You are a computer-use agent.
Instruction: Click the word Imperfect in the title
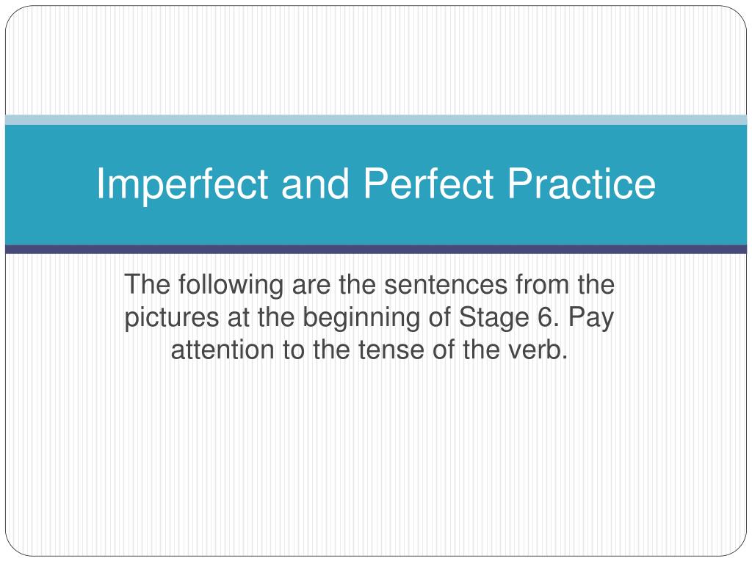click(182, 185)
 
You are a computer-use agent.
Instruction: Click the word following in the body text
click(231, 286)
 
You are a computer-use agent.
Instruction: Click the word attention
click(222, 350)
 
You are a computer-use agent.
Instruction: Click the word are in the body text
click(311, 286)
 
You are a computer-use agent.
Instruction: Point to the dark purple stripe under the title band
click(376, 250)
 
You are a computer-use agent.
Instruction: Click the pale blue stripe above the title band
click(376, 120)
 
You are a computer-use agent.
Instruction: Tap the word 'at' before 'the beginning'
click(238, 318)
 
